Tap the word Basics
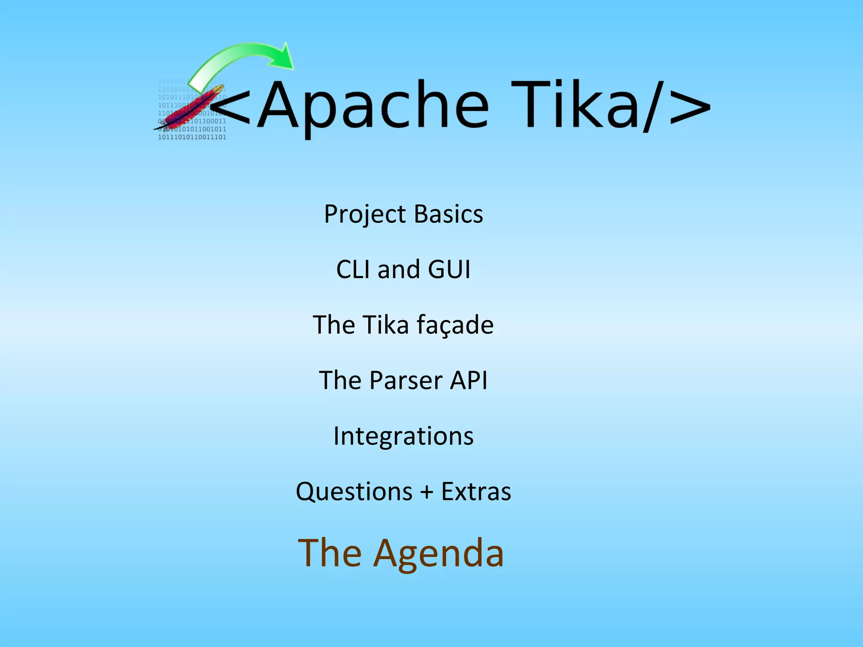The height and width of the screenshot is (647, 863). click(448, 214)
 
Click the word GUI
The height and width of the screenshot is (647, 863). click(449, 269)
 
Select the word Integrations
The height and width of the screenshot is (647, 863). click(403, 436)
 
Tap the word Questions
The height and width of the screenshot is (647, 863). click(354, 492)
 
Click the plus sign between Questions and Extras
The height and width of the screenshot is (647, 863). click(427, 492)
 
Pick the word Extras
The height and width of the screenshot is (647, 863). click(476, 492)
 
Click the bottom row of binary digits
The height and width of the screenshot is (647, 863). click(192, 137)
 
